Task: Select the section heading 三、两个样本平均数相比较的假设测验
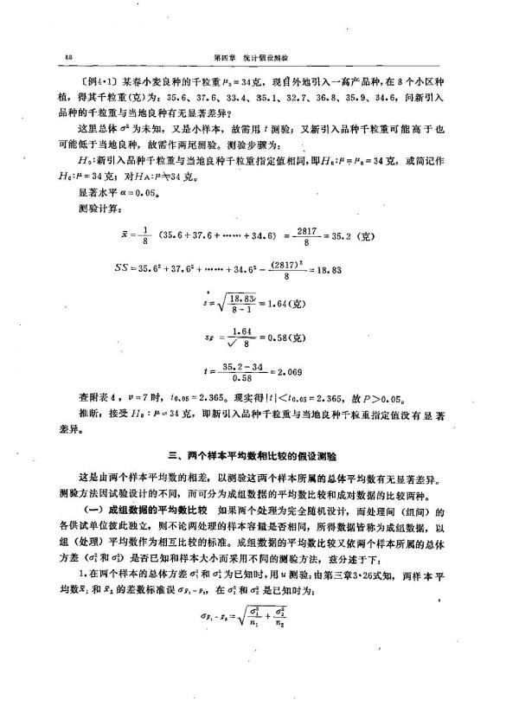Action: tap(259, 453)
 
